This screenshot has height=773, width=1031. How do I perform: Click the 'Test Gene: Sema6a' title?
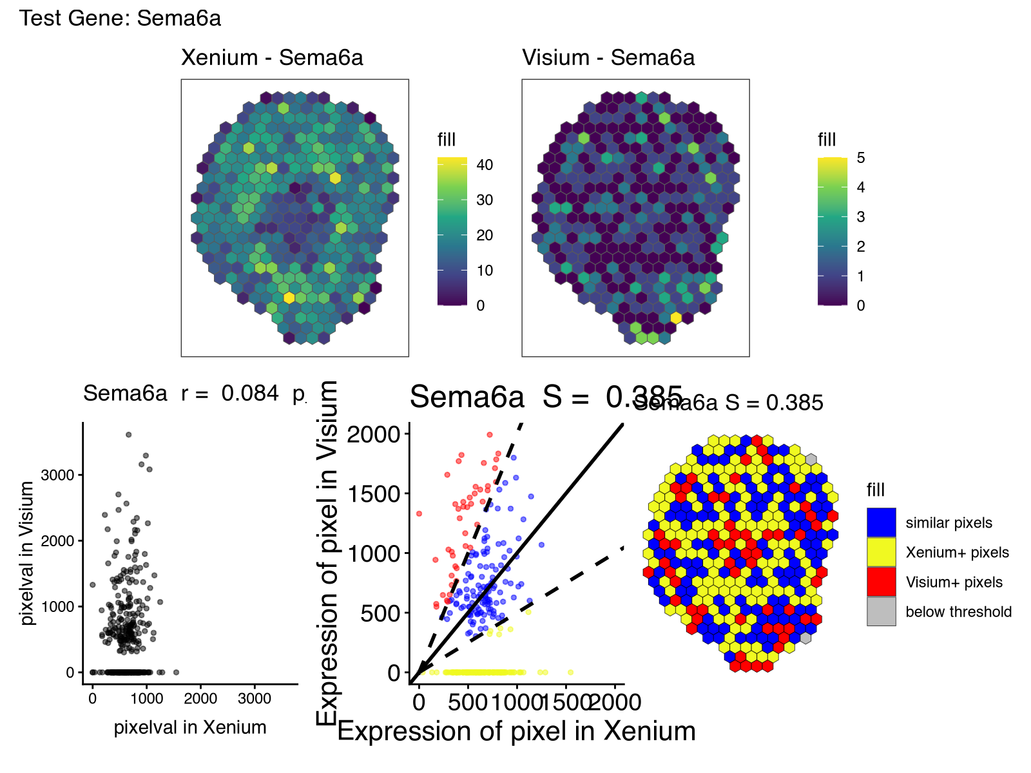[x=120, y=18]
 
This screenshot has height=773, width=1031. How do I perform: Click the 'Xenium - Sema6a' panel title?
[x=272, y=58]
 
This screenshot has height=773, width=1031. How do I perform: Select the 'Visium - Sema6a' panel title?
[x=608, y=58]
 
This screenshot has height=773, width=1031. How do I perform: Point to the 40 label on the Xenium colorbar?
[x=485, y=165]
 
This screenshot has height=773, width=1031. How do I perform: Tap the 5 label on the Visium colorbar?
[x=861, y=158]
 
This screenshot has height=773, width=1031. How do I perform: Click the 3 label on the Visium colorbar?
[x=861, y=217]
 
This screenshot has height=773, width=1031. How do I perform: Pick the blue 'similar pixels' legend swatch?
[x=881, y=522]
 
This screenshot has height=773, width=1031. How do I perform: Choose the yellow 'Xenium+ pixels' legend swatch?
[x=881, y=552]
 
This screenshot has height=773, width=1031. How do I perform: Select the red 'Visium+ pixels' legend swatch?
[x=881, y=582]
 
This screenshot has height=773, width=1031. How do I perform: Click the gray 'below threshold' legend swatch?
[x=881, y=611]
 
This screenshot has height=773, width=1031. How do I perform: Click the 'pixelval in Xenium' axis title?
[x=190, y=727]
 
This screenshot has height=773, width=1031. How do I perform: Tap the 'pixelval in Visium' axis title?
[x=27, y=553]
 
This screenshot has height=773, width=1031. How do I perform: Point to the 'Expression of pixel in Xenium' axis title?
[x=516, y=732]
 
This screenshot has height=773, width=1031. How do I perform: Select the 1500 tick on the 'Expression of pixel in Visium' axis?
[x=374, y=494]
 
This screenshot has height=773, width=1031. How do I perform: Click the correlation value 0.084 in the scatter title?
[x=250, y=394]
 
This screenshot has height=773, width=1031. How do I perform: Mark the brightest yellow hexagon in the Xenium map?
[x=289, y=298]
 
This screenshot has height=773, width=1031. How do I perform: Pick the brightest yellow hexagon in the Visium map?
[x=676, y=318]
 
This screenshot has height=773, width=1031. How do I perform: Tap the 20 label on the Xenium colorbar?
[x=485, y=235]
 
